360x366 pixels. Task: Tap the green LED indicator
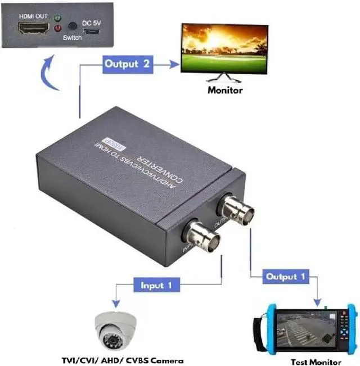tap(57, 19)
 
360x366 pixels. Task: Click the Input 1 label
tap(156, 285)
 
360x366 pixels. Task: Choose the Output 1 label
tap(286, 277)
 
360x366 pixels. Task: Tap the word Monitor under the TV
tap(225, 89)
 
